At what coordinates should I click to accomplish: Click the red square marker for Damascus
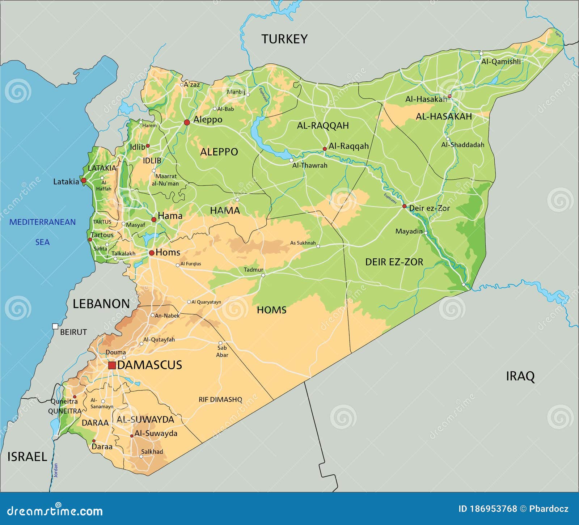pos(112,365)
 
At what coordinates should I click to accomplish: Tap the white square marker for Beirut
pos(55,326)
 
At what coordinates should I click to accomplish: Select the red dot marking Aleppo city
pos(187,122)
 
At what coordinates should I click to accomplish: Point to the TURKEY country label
pos(284,39)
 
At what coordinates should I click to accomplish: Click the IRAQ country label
pos(520,376)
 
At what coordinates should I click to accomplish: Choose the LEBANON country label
pos(101,304)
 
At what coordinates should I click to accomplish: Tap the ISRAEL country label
pos(27,457)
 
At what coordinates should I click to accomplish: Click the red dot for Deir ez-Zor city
pos(405,206)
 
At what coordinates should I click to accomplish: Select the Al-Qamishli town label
pos(501,62)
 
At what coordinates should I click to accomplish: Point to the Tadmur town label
pos(253,270)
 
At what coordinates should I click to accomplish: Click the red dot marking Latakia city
pos(84,180)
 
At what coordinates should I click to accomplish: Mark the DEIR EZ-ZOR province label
pos(394,262)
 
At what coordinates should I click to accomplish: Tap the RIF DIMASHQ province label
pos(220,399)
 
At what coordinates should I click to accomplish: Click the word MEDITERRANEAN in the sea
pos(42,222)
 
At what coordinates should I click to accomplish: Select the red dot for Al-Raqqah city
pos(325,149)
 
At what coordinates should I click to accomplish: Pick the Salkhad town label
pos(152,452)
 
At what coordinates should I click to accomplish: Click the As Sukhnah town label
pos(303,243)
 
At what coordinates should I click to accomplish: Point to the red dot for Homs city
pos(152,253)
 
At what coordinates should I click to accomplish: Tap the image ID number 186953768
pos(493,509)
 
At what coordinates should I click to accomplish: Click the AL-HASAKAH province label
pos(444,117)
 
